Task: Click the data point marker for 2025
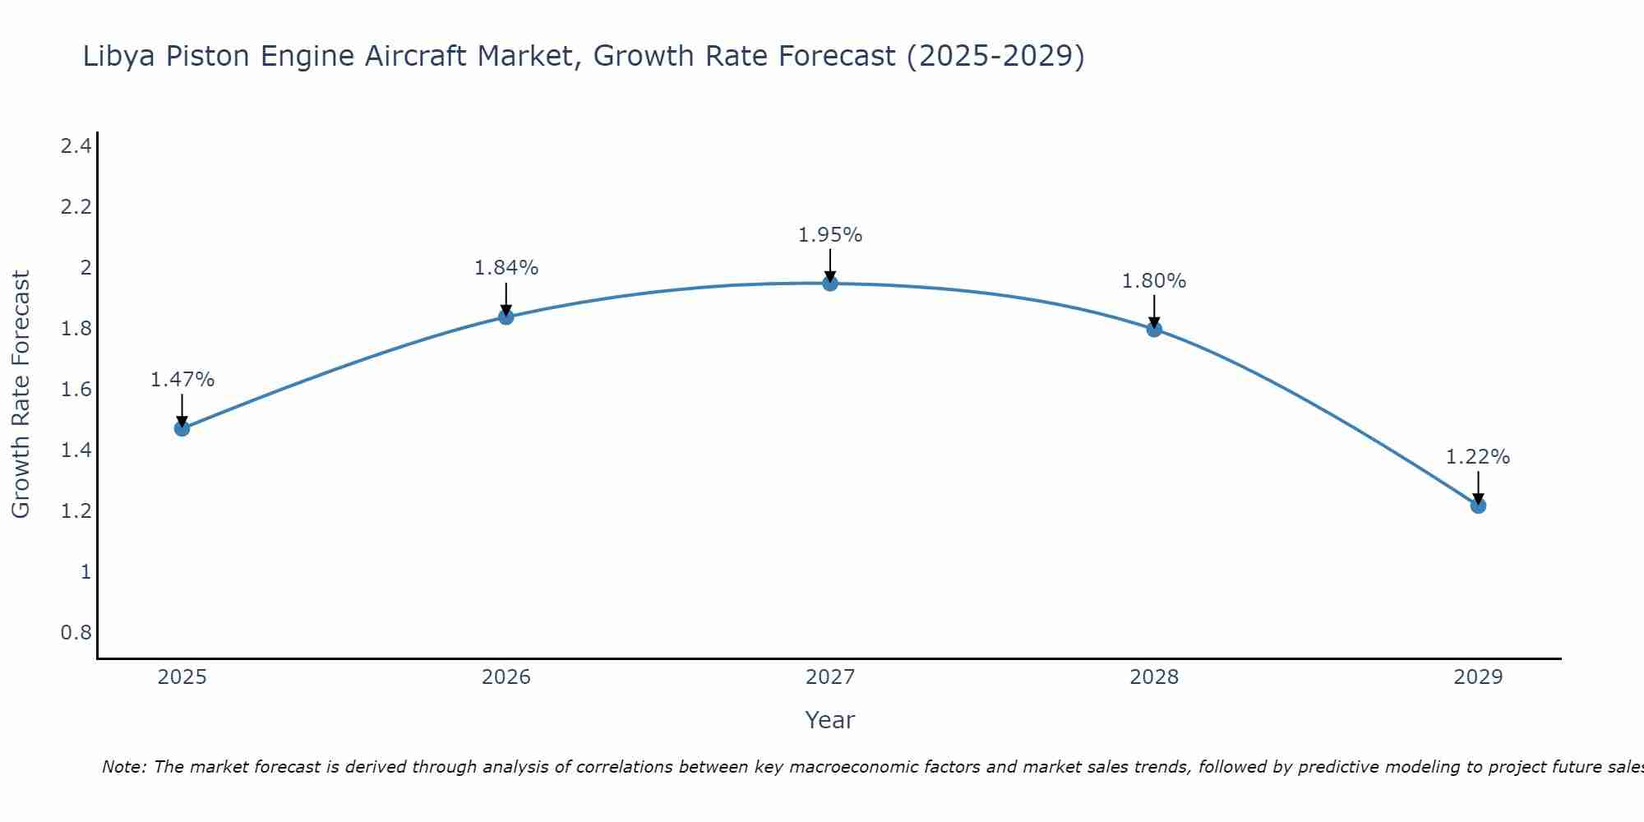[x=182, y=428]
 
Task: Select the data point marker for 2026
[x=506, y=316]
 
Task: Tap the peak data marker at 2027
[x=830, y=284]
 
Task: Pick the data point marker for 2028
[x=1154, y=329]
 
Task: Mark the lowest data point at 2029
[x=1478, y=506]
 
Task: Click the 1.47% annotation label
[x=182, y=380]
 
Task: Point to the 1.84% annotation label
[x=506, y=268]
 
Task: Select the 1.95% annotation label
[x=830, y=235]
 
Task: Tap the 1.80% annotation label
[x=1154, y=281]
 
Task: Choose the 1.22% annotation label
[x=1478, y=457]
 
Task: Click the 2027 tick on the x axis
[x=830, y=677]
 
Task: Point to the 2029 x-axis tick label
[x=1478, y=677]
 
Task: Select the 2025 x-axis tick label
[x=182, y=677]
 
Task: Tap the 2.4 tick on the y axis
[x=76, y=146]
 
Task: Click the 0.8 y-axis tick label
[x=76, y=633]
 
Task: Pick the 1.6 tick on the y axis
[x=76, y=390]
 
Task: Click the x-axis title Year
[x=830, y=720]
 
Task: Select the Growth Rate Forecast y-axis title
[x=21, y=395]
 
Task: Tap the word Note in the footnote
[x=123, y=767]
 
